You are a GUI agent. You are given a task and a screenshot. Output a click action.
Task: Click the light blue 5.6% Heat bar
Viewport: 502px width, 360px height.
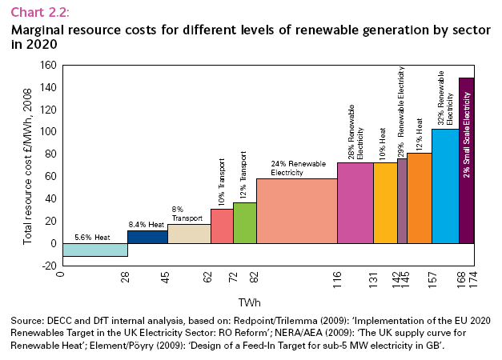[94, 250]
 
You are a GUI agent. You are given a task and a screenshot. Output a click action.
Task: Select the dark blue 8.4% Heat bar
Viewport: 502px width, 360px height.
[147, 237]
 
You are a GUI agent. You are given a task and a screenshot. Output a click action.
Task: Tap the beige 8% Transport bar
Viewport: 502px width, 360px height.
[189, 234]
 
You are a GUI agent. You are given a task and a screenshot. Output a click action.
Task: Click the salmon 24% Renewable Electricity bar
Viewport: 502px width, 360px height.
[296, 210]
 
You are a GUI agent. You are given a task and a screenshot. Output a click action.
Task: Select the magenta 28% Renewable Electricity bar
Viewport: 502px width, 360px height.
[355, 202]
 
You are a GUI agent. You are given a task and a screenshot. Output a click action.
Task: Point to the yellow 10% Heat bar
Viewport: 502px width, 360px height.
[384, 202]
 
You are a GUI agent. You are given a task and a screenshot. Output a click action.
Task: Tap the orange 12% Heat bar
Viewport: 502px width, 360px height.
[420, 198]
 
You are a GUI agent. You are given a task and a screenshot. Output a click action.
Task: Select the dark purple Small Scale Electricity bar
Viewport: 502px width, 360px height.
[467, 160]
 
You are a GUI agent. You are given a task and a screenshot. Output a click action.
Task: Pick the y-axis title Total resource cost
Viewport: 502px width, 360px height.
[27, 165]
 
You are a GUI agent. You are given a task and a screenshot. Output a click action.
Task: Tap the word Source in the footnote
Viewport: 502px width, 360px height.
[26, 320]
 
